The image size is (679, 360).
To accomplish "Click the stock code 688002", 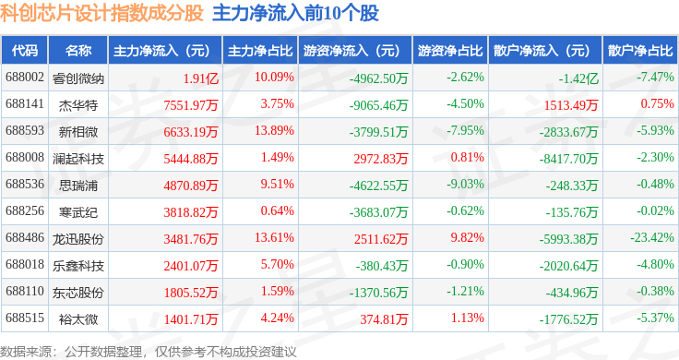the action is point(25,78).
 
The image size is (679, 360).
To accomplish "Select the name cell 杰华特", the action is point(78,105).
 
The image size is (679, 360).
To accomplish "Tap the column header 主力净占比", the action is point(260,51).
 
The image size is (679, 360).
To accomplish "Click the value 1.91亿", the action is point(200,78).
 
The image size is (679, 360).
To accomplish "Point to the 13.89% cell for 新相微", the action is point(274,130).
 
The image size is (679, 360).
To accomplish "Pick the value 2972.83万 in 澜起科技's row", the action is point(381,159).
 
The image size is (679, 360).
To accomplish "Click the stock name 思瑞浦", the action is point(78,186).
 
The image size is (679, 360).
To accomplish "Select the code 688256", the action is point(25,210).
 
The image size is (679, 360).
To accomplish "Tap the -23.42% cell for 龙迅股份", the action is point(652,237).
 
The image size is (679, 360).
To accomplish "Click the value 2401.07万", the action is point(191,266).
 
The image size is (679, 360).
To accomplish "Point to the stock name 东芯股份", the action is point(78,293).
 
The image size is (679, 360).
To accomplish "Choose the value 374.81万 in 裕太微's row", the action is point(384,319).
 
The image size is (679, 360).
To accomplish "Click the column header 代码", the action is point(25,51).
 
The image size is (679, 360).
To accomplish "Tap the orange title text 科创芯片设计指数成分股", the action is point(101,13).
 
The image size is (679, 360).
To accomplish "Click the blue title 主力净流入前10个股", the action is point(296,13).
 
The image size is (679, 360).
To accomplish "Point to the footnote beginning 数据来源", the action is point(149,352).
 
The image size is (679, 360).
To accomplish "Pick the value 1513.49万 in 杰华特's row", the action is point(571,105).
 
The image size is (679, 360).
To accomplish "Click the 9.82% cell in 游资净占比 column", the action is point(467,237).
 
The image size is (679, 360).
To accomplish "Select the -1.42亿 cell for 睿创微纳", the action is point(578,78).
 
